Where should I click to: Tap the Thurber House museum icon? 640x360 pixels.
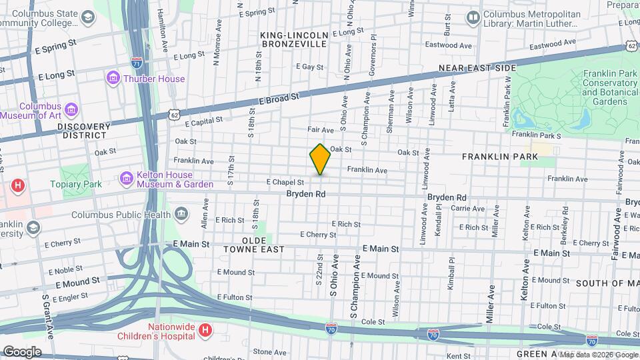click(113, 79)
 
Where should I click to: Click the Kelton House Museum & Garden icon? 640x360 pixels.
click(126, 179)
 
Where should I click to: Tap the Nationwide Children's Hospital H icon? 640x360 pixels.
click(206, 329)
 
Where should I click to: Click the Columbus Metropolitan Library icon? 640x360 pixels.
click(473, 16)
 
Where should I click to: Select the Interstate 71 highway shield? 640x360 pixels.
click(136, 63)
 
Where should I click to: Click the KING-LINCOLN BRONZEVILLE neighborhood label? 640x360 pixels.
click(294, 39)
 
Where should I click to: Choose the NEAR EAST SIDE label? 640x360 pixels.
click(477, 68)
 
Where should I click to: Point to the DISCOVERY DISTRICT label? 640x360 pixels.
click(83, 130)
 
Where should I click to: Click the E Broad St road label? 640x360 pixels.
click(278, 98)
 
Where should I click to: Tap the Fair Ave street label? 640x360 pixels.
click(320, 129)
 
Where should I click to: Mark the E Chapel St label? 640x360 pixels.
click(285, 181)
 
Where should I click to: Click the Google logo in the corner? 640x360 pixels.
click(21, 351)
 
